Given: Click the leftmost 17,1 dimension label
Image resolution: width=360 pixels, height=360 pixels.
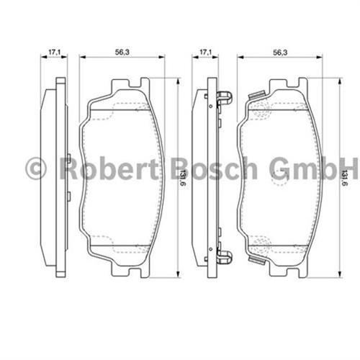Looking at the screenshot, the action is point(55,52).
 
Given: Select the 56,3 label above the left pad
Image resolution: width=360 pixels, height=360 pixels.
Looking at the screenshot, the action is point(122,52).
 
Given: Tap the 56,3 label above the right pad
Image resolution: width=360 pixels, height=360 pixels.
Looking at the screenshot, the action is point(280,53).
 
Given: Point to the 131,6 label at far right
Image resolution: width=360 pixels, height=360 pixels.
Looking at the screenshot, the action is point(345,178).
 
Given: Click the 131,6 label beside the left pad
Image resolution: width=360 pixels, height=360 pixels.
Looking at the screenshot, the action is point(183,178).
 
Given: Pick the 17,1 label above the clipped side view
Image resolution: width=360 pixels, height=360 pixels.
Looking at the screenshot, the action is point(206,52).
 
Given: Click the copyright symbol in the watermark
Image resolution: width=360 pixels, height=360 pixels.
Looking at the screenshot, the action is point(36,168).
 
